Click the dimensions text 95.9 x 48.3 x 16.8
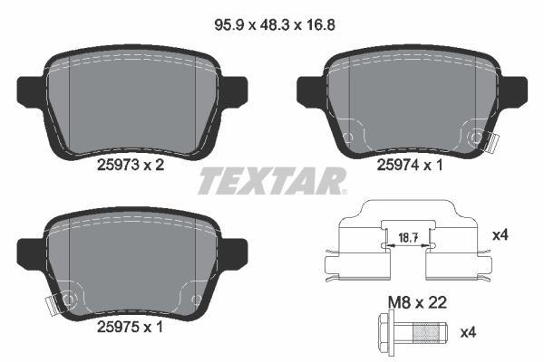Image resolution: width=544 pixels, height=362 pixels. pos(275,25)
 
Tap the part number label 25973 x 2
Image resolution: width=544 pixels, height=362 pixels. pos(131,165)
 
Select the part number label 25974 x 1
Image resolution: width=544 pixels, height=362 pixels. pos(410,166)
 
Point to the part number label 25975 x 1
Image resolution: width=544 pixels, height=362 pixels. pos(130,327)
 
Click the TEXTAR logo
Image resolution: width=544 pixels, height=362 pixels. pos(272,180)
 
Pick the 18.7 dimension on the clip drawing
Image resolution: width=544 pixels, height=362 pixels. pos(408,238)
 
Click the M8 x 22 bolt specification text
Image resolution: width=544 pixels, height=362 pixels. pos(417,303)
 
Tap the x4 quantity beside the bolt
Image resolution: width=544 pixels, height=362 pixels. pos(468,332)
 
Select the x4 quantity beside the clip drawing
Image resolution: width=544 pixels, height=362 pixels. pos(500,235)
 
